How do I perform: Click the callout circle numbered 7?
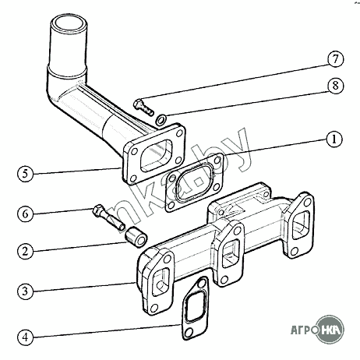(335, 59)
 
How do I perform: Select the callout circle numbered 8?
(335, 86)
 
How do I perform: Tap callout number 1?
(334, 139)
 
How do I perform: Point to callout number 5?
(26, 174)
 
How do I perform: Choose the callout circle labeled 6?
(26, 214)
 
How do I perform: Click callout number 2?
(26, 251)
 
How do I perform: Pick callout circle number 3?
(26, 291)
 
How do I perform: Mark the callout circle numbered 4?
(26, 337)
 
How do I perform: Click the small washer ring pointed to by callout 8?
(161, 120)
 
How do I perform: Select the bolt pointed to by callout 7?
(143, 107)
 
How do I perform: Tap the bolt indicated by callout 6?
(108, 217)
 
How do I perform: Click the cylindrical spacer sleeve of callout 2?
(136, 237)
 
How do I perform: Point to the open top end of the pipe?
(69, 22)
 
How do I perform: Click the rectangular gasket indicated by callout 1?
(194, 182)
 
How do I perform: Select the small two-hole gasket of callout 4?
(195, 308)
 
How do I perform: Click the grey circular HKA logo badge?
(330, 330)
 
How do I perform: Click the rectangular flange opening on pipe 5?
(156, 155)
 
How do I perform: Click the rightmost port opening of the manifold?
(302, 225)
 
